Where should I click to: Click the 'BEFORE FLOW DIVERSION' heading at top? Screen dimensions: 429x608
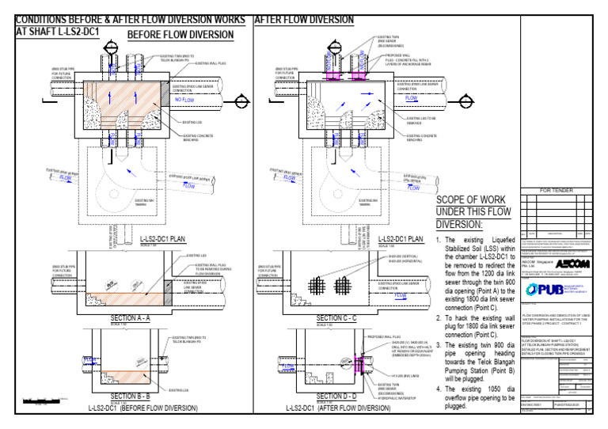click(180, 35)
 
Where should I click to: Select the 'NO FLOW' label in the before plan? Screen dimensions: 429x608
click(184, 101)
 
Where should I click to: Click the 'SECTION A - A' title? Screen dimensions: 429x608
click(135, 317)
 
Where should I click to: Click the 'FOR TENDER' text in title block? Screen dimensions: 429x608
click(560, 191)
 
